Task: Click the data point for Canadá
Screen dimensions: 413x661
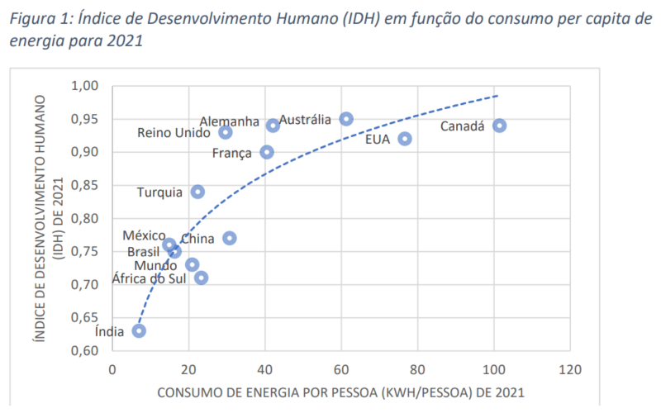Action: coord(499,126)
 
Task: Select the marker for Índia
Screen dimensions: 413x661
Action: coord(139,330)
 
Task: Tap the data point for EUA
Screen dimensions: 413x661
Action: coord(405,139)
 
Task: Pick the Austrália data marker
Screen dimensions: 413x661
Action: coord(346,119)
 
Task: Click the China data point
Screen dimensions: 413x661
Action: coord(230,238)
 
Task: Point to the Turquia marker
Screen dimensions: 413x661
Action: coord(197,192)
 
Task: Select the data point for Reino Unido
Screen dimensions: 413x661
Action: coord(226,132)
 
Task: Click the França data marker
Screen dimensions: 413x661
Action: coord(267,152)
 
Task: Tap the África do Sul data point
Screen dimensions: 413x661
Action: coord(202,278)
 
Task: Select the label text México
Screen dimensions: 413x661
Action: coord(143,236)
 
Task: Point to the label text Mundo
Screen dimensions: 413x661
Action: coord(155,266)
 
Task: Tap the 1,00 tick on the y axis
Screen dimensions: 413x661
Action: coord(86,86)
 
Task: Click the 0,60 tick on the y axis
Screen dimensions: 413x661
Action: coord(86,350)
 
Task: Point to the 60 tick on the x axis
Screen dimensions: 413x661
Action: coord(341,368)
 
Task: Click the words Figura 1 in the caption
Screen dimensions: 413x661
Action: coord(37,20)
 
